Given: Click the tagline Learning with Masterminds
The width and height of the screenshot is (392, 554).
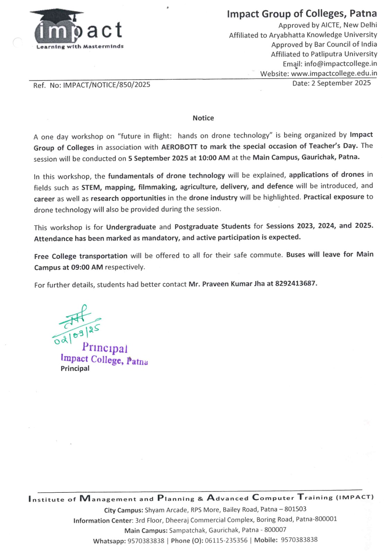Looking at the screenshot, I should [x=80, y=46].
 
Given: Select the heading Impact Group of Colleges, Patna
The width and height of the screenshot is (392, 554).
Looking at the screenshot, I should [x=302, y=14].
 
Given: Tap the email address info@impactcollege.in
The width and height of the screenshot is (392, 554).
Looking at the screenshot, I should [x=340, y=64].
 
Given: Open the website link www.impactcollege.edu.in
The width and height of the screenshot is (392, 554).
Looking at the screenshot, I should [x=334, y=73].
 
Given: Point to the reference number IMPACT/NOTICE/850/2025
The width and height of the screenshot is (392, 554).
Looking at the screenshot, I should [x=106, y=85].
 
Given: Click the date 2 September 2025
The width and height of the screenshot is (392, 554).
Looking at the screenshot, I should [x=341, y=83].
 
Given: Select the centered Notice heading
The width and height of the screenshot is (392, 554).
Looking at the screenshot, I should [x=203, y=118].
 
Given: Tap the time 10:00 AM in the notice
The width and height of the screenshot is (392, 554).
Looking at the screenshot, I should [x=214, y=158].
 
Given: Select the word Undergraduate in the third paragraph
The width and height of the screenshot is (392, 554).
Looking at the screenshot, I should [x=131, y=227].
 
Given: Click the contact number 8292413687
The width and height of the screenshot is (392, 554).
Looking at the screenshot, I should [x=296, y=284].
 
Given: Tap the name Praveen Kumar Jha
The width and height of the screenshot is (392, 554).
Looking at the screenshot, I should [x=233, y=284].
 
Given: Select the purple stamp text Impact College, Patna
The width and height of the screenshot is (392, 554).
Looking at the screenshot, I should [x=104, y=359].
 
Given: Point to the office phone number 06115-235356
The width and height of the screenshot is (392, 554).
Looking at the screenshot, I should [x=226, y=540].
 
